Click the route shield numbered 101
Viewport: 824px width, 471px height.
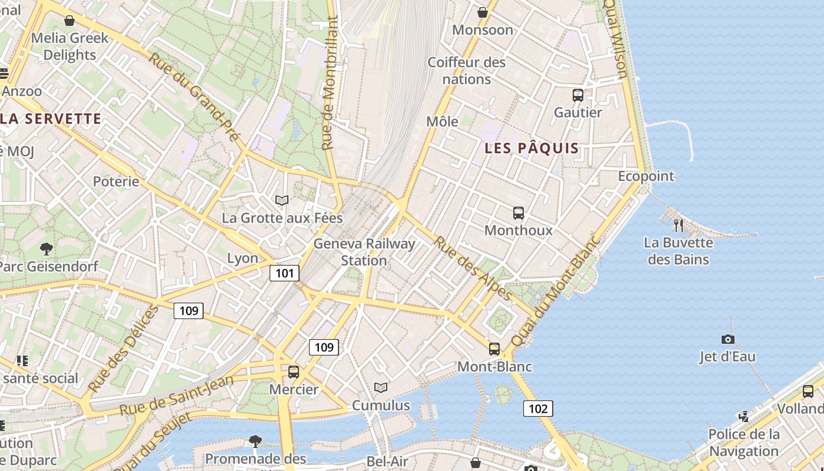click(284, 273)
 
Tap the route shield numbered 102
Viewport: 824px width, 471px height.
click(538, 409)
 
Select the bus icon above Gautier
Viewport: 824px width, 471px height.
click(578, 95)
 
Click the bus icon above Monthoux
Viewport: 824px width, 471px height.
click(519, 213)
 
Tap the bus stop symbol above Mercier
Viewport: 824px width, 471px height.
click(293, 372)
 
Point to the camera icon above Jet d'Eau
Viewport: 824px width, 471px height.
click(728, 339)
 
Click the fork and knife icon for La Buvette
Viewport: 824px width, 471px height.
click(679, 225)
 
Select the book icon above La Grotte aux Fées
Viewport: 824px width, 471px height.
click(282, 200)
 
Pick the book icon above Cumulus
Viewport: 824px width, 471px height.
click(381, 387)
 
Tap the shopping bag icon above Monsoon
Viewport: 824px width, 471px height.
click(483, 12)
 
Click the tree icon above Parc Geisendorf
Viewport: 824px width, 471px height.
click(46, 249)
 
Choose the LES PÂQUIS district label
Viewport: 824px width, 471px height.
click(531, 148)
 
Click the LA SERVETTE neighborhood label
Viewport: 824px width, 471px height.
click(51, 119)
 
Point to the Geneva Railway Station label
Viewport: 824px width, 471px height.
click(364, 252)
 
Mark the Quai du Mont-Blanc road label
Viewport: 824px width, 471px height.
click(554, 292)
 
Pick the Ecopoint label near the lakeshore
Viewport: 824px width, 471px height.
click(646, 176)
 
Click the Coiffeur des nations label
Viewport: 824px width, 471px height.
click(467, 71)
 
